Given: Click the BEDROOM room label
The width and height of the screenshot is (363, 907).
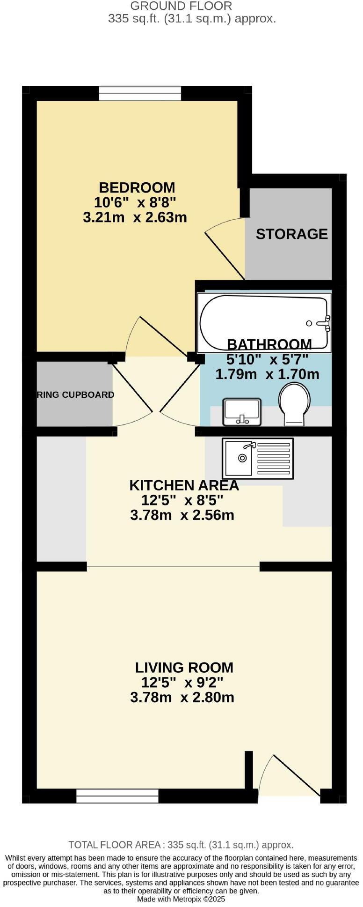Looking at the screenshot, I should (x=137, y=188).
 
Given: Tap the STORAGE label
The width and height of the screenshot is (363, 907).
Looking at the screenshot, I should (x=291, y=234).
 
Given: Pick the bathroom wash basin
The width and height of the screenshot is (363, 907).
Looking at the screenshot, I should (x=242, y=411).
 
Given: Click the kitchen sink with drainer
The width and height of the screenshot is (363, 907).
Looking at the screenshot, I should (x=258, y=458).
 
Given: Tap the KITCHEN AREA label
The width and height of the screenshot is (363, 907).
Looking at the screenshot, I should (x=184, y=485).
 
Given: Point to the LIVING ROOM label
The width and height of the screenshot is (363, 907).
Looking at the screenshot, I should (x=184, y=667).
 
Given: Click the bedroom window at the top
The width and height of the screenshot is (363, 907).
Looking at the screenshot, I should (x=139, y=93).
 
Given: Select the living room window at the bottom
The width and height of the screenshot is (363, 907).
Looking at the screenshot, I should (x=117, y=795).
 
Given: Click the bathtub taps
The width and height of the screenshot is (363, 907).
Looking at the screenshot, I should (x=324, y=323).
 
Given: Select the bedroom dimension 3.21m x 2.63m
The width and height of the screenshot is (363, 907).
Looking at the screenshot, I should (x=135, y=218).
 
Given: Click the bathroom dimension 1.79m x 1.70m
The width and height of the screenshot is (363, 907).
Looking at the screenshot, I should (x=267, y=374).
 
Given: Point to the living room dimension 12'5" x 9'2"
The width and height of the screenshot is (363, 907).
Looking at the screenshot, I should (x=182, y=682).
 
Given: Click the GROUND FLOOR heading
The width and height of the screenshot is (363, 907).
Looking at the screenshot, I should (x=181, y=6).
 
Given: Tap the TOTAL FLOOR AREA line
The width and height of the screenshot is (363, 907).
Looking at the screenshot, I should (x=181, y=845).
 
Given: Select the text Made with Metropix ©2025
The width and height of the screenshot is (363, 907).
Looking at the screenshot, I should (x=181, y=899).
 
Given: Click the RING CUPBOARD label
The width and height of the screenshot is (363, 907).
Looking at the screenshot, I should (x=75, y=394).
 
